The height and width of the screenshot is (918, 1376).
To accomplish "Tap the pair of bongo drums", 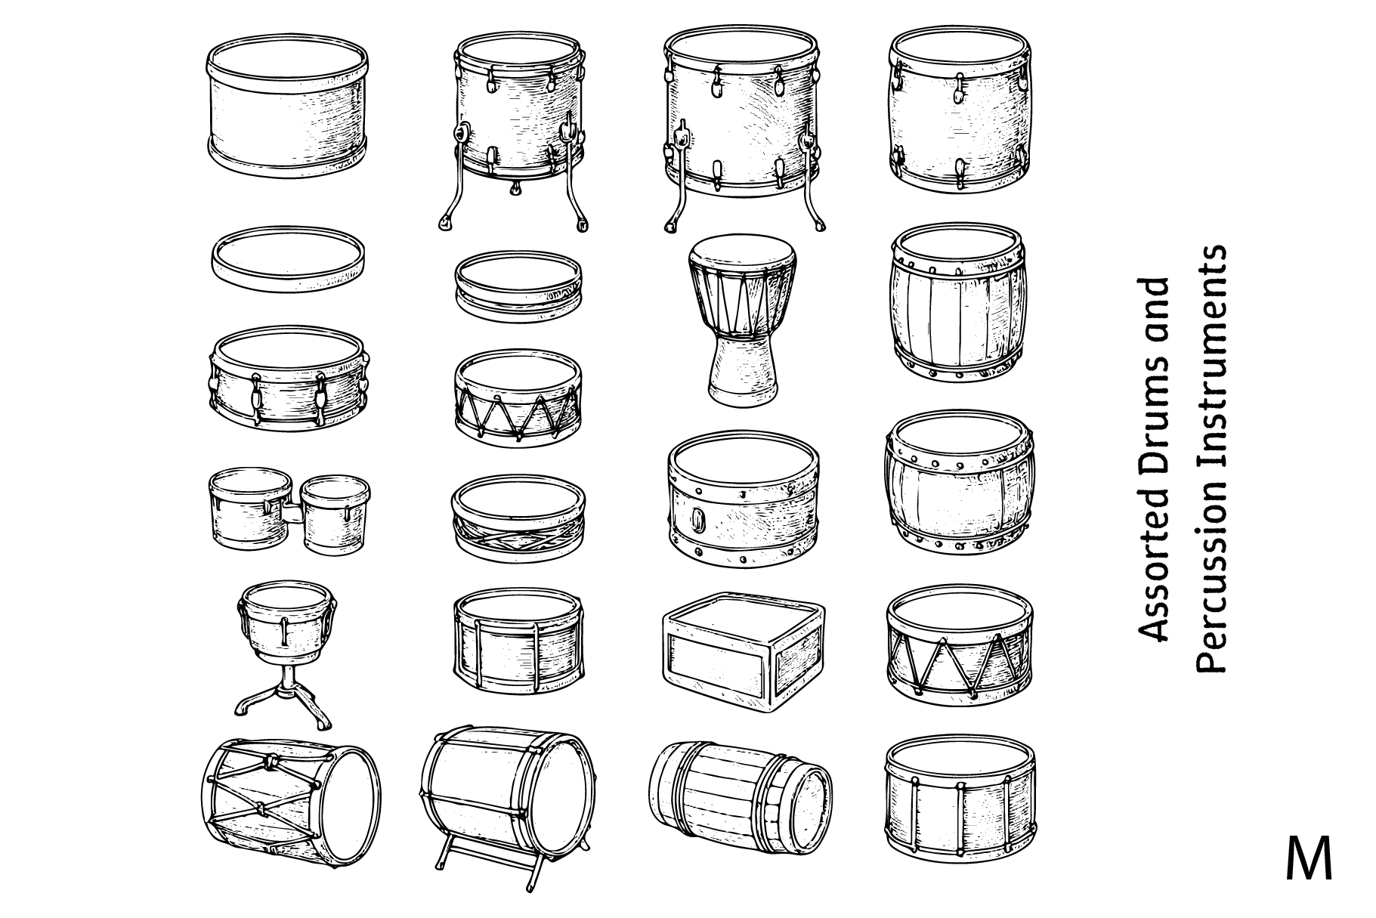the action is pos(289,510).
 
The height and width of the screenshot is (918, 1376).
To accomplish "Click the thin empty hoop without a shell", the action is pos(288,261).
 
